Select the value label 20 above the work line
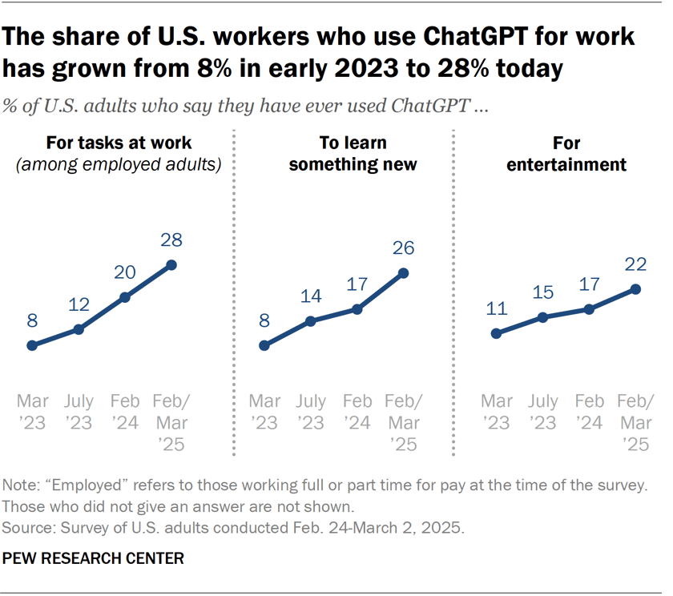(125, 272)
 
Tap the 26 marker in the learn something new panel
(403, 273)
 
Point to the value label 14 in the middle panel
(310, 296)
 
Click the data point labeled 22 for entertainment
(636, 288)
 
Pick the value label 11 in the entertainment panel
(497, 308)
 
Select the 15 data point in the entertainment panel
(543, 317)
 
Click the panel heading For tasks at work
(119, 143)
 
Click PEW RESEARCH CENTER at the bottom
(93, 558)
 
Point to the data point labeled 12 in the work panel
(79, 329)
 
